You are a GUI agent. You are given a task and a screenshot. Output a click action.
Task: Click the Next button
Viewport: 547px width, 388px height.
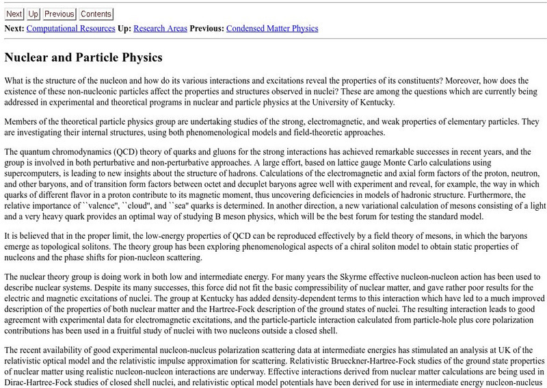point(14,14)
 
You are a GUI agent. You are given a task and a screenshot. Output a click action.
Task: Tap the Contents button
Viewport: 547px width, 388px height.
point(96,14)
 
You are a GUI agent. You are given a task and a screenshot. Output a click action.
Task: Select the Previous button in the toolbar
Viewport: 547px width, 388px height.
point(59,14)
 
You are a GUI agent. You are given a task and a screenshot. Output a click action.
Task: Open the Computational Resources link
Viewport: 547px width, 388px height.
point(71,29)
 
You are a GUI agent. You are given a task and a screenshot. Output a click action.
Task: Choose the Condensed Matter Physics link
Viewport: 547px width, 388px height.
point(271,29)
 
